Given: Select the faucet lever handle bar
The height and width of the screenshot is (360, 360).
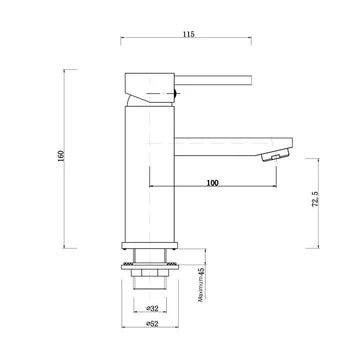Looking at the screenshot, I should (215, 78).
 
